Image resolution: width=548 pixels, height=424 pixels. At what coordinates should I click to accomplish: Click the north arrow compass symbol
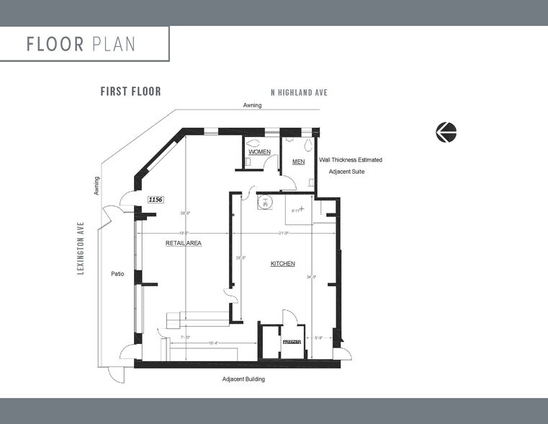tap(446, 132)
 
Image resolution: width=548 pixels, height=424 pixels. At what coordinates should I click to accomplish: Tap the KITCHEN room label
tap(282, 264)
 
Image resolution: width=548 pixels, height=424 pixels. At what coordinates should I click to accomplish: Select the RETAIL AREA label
tap(183, 244)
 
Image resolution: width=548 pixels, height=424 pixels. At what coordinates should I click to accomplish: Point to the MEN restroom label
tap(298, 162)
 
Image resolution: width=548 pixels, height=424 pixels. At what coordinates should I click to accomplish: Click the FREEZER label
tap(291, 341)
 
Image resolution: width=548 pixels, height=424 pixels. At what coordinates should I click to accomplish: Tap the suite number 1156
tap(154, 198)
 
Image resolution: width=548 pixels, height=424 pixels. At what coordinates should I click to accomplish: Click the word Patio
tap(118, 274)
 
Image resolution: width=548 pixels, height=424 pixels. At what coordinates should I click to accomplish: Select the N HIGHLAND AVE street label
tap(299, 93)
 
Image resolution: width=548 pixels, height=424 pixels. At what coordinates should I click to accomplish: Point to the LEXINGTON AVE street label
tap(81, 247)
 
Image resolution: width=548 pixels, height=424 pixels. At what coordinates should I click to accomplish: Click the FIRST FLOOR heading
tap(130, 92)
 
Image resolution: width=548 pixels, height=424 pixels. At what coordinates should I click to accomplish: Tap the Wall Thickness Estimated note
tap(351, 159)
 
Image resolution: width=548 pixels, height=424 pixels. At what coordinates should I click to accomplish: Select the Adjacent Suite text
tap(349, 173)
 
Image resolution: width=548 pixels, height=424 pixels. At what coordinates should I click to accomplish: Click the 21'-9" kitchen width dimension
tap(283, 233)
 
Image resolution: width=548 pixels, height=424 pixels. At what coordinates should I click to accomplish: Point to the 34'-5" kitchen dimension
tap(311, 276)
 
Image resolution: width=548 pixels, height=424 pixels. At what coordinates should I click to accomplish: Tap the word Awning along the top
tap(252, 105)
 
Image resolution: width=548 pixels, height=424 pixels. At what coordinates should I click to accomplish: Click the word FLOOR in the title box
tap(56, 44)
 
